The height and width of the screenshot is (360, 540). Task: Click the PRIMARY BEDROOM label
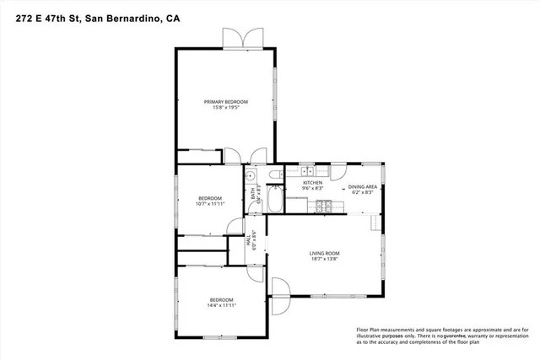225,101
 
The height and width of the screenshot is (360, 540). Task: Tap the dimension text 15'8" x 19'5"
225,107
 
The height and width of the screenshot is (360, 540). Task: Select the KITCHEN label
313,182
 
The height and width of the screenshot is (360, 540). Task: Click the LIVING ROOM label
324,253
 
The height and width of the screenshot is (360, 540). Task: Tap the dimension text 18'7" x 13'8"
324,259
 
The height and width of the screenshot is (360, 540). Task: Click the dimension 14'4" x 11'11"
221,306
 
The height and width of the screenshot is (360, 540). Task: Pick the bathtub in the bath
275,201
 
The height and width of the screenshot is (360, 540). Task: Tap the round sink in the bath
250,176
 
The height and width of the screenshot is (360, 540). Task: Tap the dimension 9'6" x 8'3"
313,189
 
